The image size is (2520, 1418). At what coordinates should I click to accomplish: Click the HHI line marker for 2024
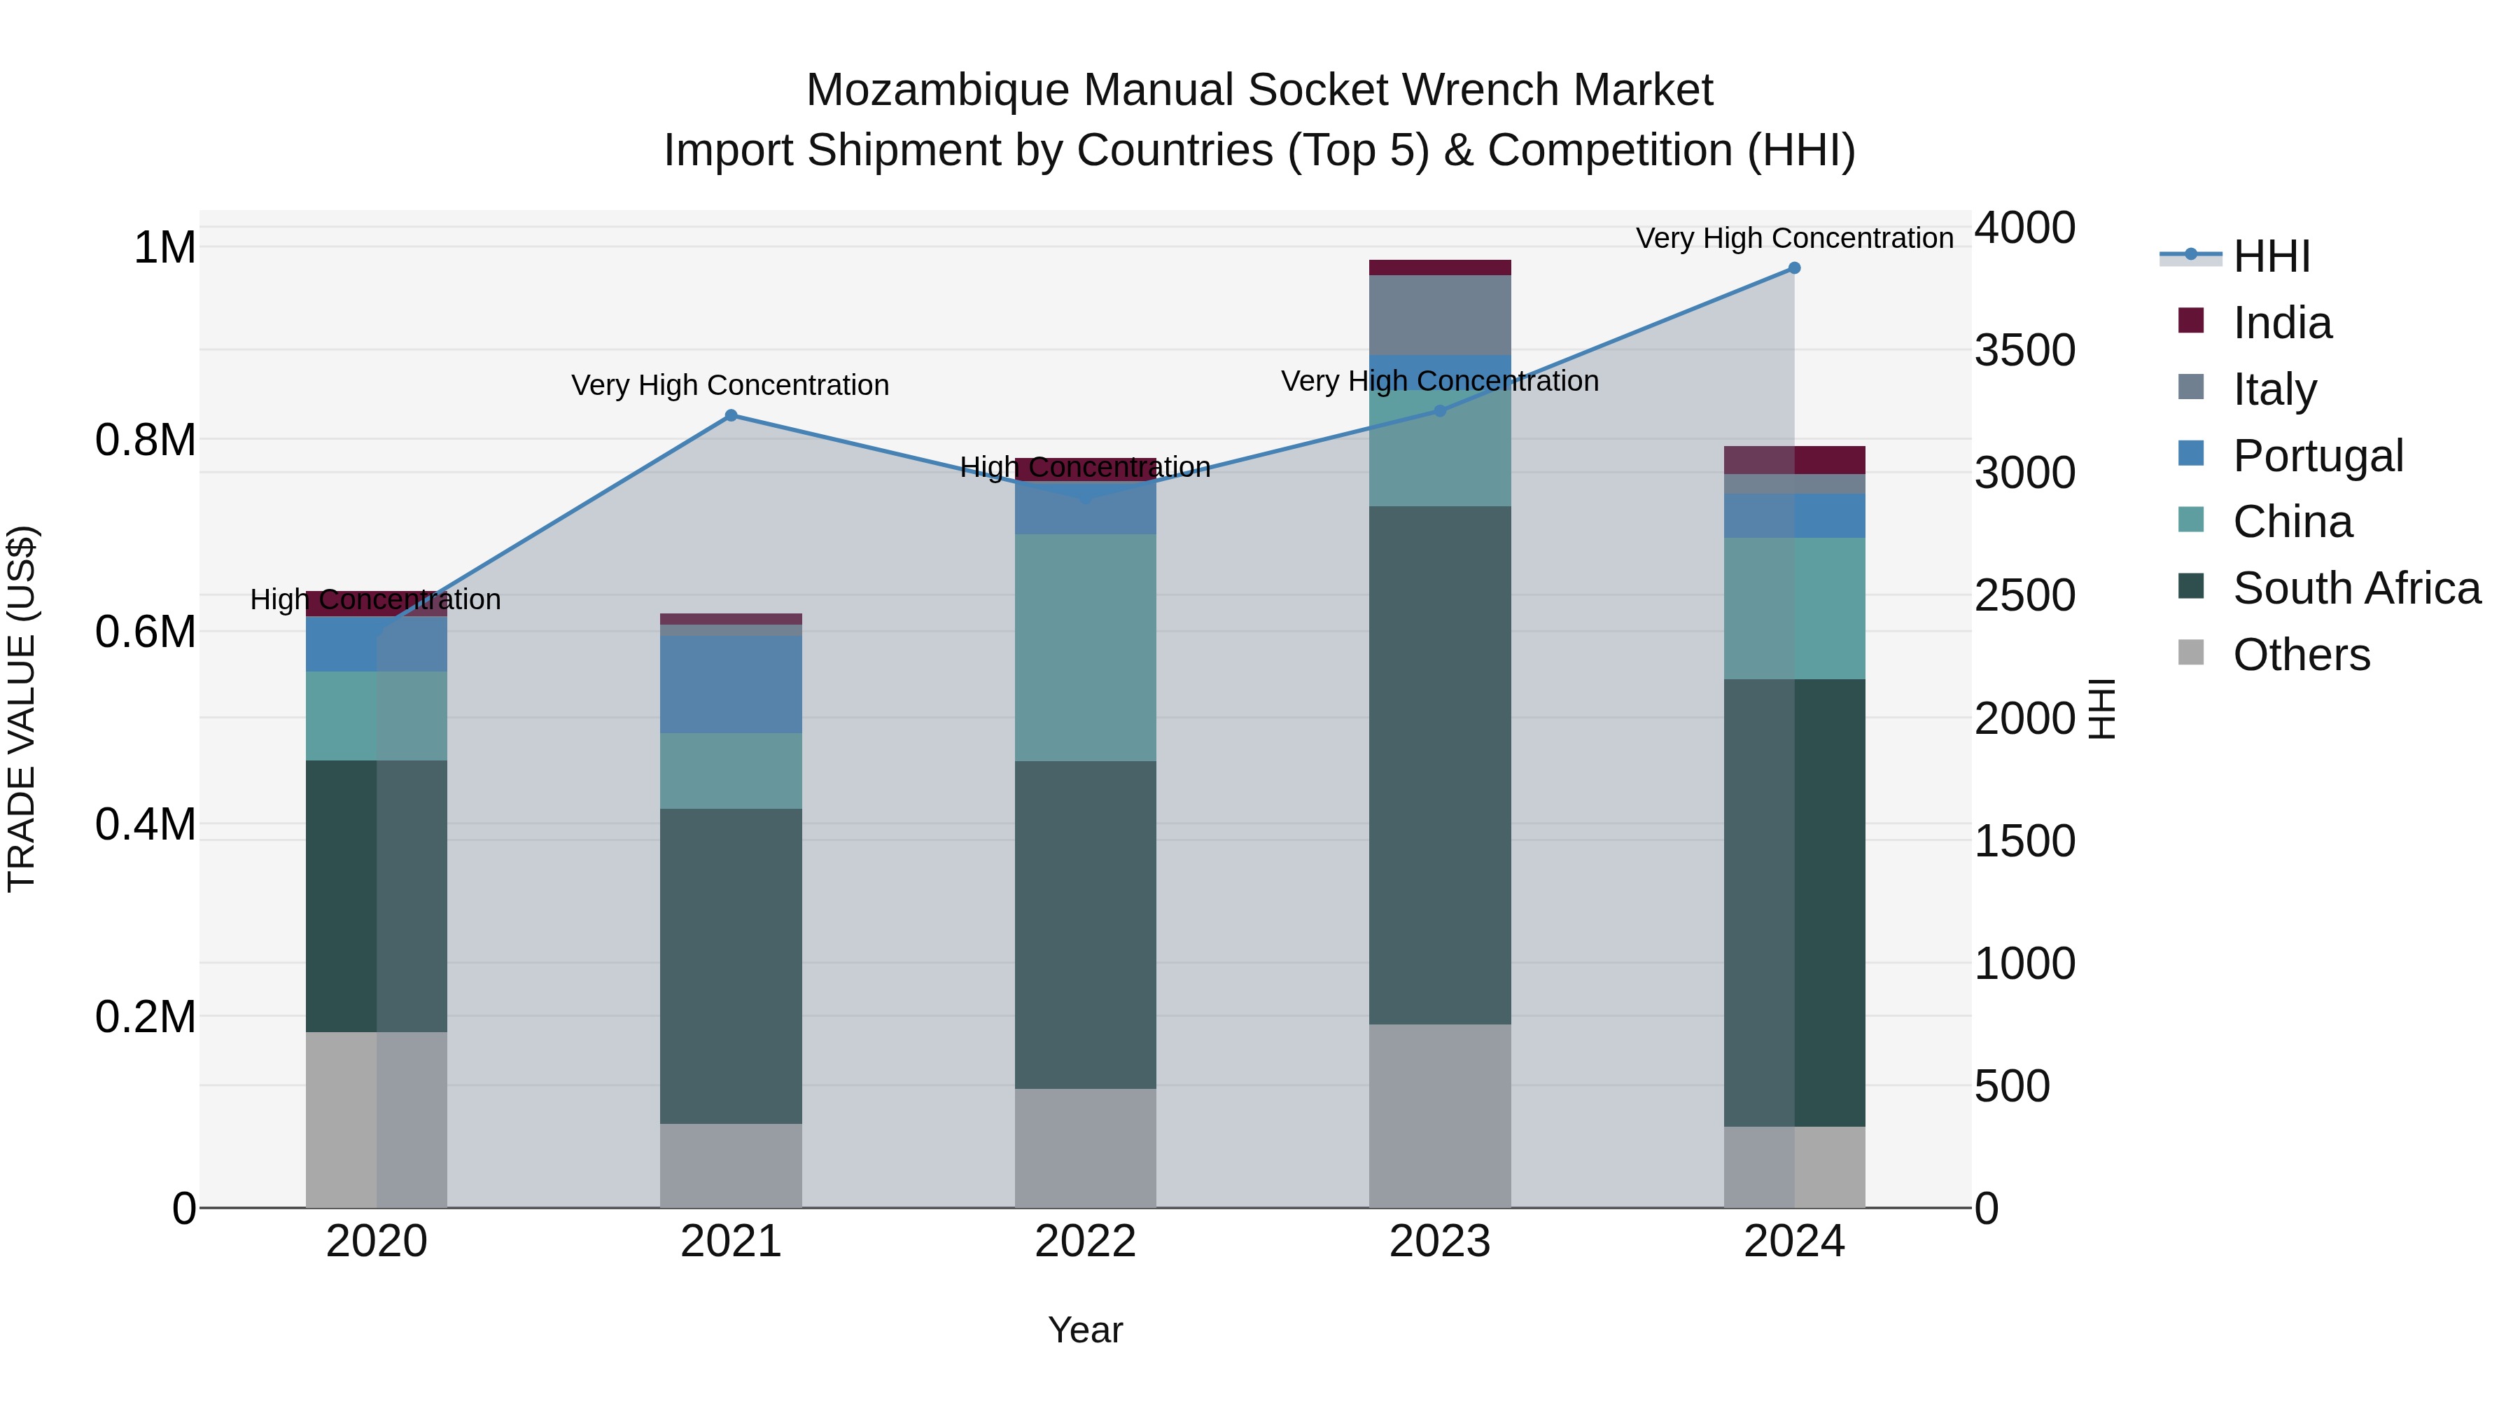1794,268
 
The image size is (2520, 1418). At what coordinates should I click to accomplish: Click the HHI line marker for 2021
731,416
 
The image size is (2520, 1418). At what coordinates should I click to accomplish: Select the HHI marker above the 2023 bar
1440,411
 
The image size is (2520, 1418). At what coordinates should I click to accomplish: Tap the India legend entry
2281,323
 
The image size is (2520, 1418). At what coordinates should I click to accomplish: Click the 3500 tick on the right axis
2024,350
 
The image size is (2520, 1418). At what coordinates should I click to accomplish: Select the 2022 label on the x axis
1085,1242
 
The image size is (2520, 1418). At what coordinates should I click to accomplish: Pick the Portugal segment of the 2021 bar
731,684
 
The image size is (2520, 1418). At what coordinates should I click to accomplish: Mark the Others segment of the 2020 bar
377,1120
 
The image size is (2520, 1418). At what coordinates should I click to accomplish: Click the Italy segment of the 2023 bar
1440,315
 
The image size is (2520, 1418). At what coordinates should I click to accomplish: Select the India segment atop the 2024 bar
1794,460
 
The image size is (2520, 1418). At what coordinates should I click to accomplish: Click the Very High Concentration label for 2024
1794,238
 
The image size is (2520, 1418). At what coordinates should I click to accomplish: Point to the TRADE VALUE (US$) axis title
22,709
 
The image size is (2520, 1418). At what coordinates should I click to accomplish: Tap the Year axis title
1085,1330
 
